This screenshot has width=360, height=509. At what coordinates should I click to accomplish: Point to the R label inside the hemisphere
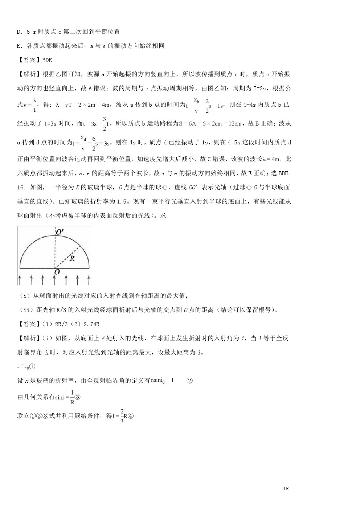(x=72, y=258)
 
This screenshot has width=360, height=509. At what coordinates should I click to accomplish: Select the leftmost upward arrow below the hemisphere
(x=19, y=279)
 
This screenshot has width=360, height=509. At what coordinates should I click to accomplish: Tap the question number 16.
(x=21, y=187)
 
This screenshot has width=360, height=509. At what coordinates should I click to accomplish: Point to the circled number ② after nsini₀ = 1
(x=189, y=381)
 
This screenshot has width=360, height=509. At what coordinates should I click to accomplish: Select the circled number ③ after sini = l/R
(x=77, y=397)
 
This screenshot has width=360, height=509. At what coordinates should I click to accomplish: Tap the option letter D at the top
(x=19, y=32)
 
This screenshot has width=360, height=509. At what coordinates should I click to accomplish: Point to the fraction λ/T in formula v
(x=34, y=104)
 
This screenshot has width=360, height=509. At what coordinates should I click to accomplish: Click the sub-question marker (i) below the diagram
(x=25, y=296)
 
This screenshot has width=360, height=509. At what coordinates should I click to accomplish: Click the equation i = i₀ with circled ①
(x=26, y=366)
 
